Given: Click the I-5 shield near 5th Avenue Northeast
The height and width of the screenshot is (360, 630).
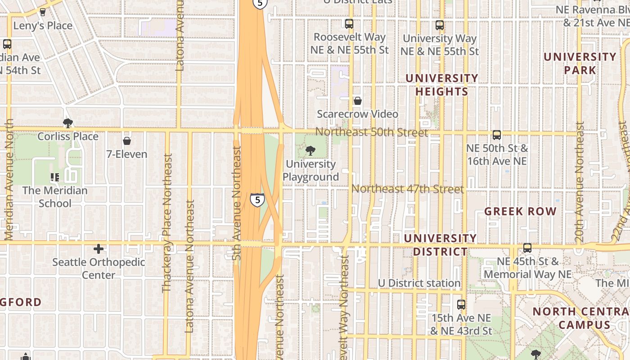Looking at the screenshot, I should click(x=257, y=199).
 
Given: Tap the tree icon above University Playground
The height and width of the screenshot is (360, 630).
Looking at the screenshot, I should click(x=310, y=151).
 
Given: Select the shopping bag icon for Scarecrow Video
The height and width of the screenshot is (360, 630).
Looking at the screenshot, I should click(x=358, y=101).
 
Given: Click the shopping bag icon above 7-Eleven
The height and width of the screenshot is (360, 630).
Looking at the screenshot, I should click(x=127, y=141).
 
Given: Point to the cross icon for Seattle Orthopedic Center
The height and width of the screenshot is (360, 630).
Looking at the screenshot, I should click(x=99, y=248).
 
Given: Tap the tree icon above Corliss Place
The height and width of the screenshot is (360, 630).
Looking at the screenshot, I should click(x=68, y=123).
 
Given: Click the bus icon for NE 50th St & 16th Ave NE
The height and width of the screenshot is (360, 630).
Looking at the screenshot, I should click(x=497, y=135).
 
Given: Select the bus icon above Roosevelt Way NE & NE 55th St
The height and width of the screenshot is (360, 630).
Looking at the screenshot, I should click(x=349, y=24).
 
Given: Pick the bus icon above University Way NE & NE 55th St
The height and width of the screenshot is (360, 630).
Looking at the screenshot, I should click(x=440, y=25).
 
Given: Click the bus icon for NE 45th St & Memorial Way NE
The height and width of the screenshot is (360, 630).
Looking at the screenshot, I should click(x=527, y=248).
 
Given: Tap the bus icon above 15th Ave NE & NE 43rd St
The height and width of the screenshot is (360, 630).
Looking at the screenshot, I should click(x=461, y=305).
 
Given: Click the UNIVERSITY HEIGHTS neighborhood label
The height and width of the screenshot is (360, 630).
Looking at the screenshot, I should click(x=441, y=85).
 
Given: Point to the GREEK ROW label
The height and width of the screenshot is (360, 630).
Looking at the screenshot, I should click(x=520, y=211).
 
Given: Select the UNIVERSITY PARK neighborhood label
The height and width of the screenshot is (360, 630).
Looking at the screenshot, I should click(x=580, y=63).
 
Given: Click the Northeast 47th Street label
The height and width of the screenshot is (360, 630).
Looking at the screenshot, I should click(x=407, y=189).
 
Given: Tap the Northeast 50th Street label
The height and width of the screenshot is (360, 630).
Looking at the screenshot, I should click(x=371, y=132).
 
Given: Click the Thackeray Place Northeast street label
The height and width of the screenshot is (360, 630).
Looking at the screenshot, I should click(x=167, y=223).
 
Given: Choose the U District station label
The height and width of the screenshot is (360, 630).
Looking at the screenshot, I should click(x=419, y=283).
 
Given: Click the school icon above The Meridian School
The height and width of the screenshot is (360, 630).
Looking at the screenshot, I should click(x=55, y=177).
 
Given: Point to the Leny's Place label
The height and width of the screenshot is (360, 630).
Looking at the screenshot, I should click(x=43, y=26).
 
